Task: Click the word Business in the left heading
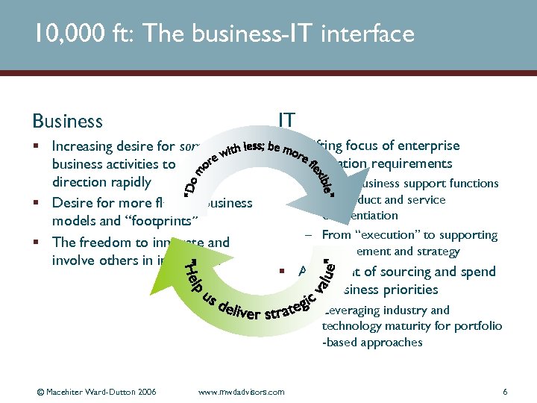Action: [67, 121]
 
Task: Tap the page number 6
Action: [505, 391]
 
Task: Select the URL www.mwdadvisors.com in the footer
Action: [242, 391]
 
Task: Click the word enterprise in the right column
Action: [430, 146]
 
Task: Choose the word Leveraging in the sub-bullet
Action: [351, 310]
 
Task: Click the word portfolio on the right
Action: [477, 326]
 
